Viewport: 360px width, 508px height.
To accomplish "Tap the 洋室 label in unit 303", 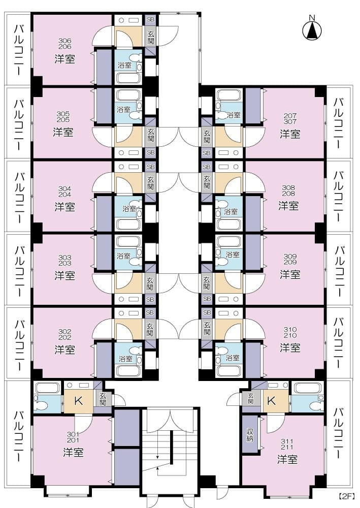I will point(65,275).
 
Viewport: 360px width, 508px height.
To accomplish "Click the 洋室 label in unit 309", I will point(290,274).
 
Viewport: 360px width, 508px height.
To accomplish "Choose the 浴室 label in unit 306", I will point(124,65).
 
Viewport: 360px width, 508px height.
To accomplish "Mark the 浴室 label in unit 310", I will point(232,358).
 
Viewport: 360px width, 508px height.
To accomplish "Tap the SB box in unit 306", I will point(150,20).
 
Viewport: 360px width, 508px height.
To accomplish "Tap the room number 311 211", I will point(287,444).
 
